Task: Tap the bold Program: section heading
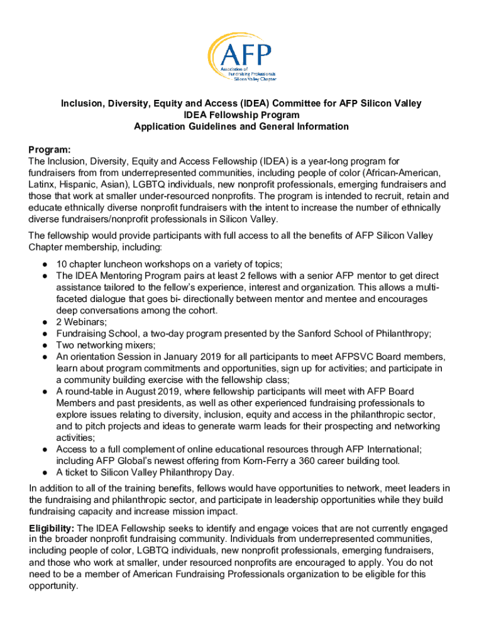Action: point(50,150)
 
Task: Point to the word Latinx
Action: point(43,185)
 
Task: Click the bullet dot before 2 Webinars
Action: point(46,321)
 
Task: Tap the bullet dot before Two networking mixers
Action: point(46,345)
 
